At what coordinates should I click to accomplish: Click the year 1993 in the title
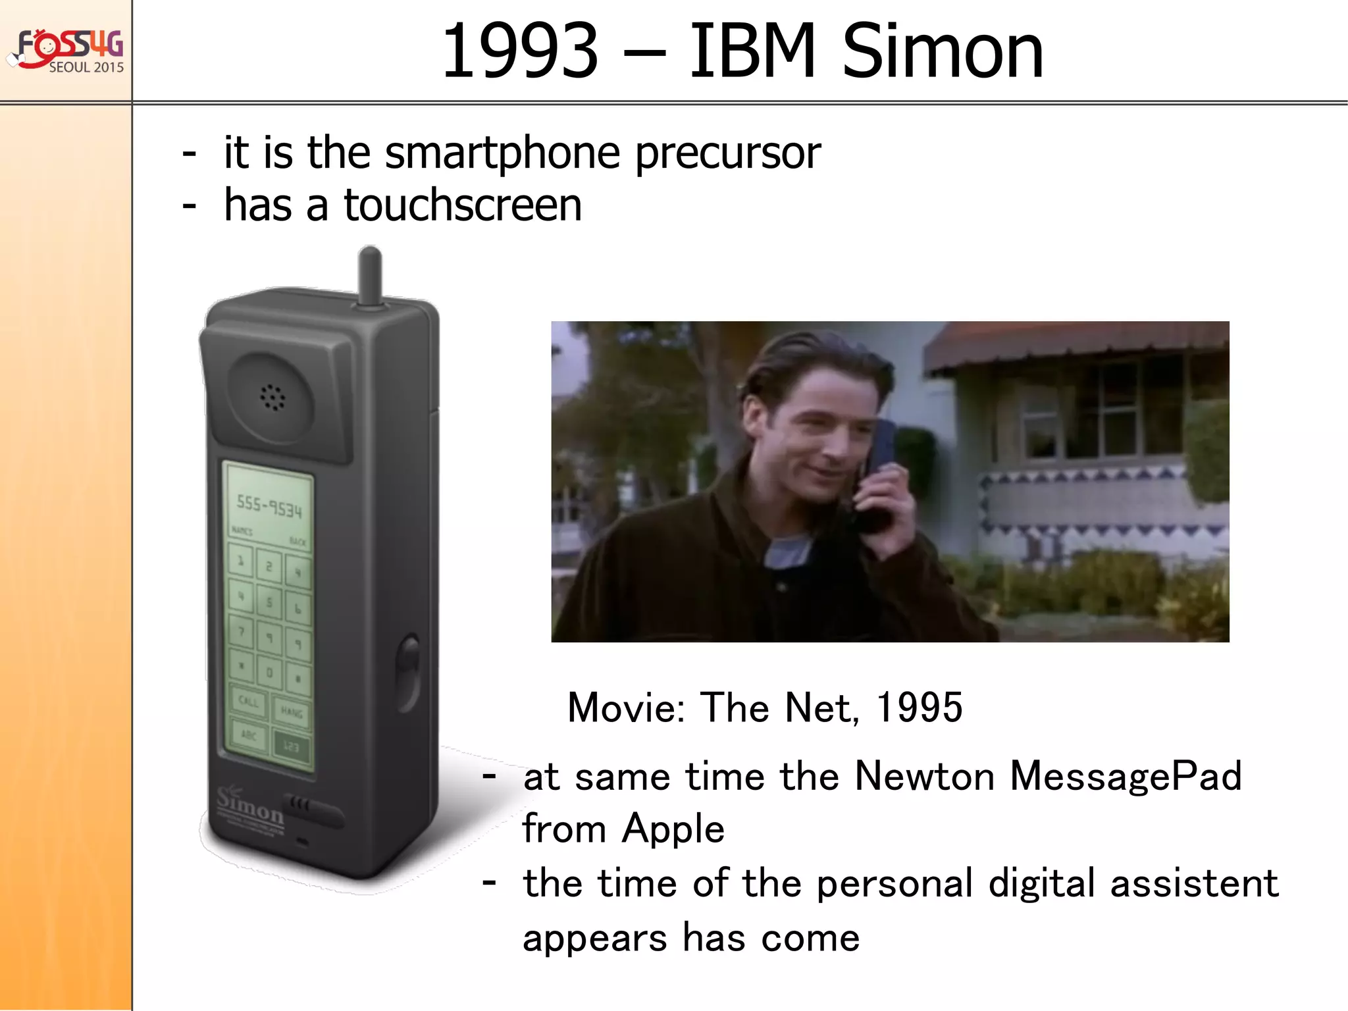click(x=520, y=51)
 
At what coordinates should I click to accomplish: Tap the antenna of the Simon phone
click(x=370, y=276)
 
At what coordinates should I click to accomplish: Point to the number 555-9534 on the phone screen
click(x=269, y=507)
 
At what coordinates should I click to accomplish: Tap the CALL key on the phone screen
click(x=249, y=702)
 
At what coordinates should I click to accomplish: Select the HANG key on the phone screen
click(x=291, y=712)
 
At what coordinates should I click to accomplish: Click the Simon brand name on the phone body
click(x=250, y=807)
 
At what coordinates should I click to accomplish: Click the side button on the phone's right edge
click(x=409, y=671)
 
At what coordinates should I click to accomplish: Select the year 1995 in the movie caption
click(x=920, y=708)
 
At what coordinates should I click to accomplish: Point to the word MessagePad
click(x=1126, y=776)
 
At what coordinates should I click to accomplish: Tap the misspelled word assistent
click(x=1194, y=883)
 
